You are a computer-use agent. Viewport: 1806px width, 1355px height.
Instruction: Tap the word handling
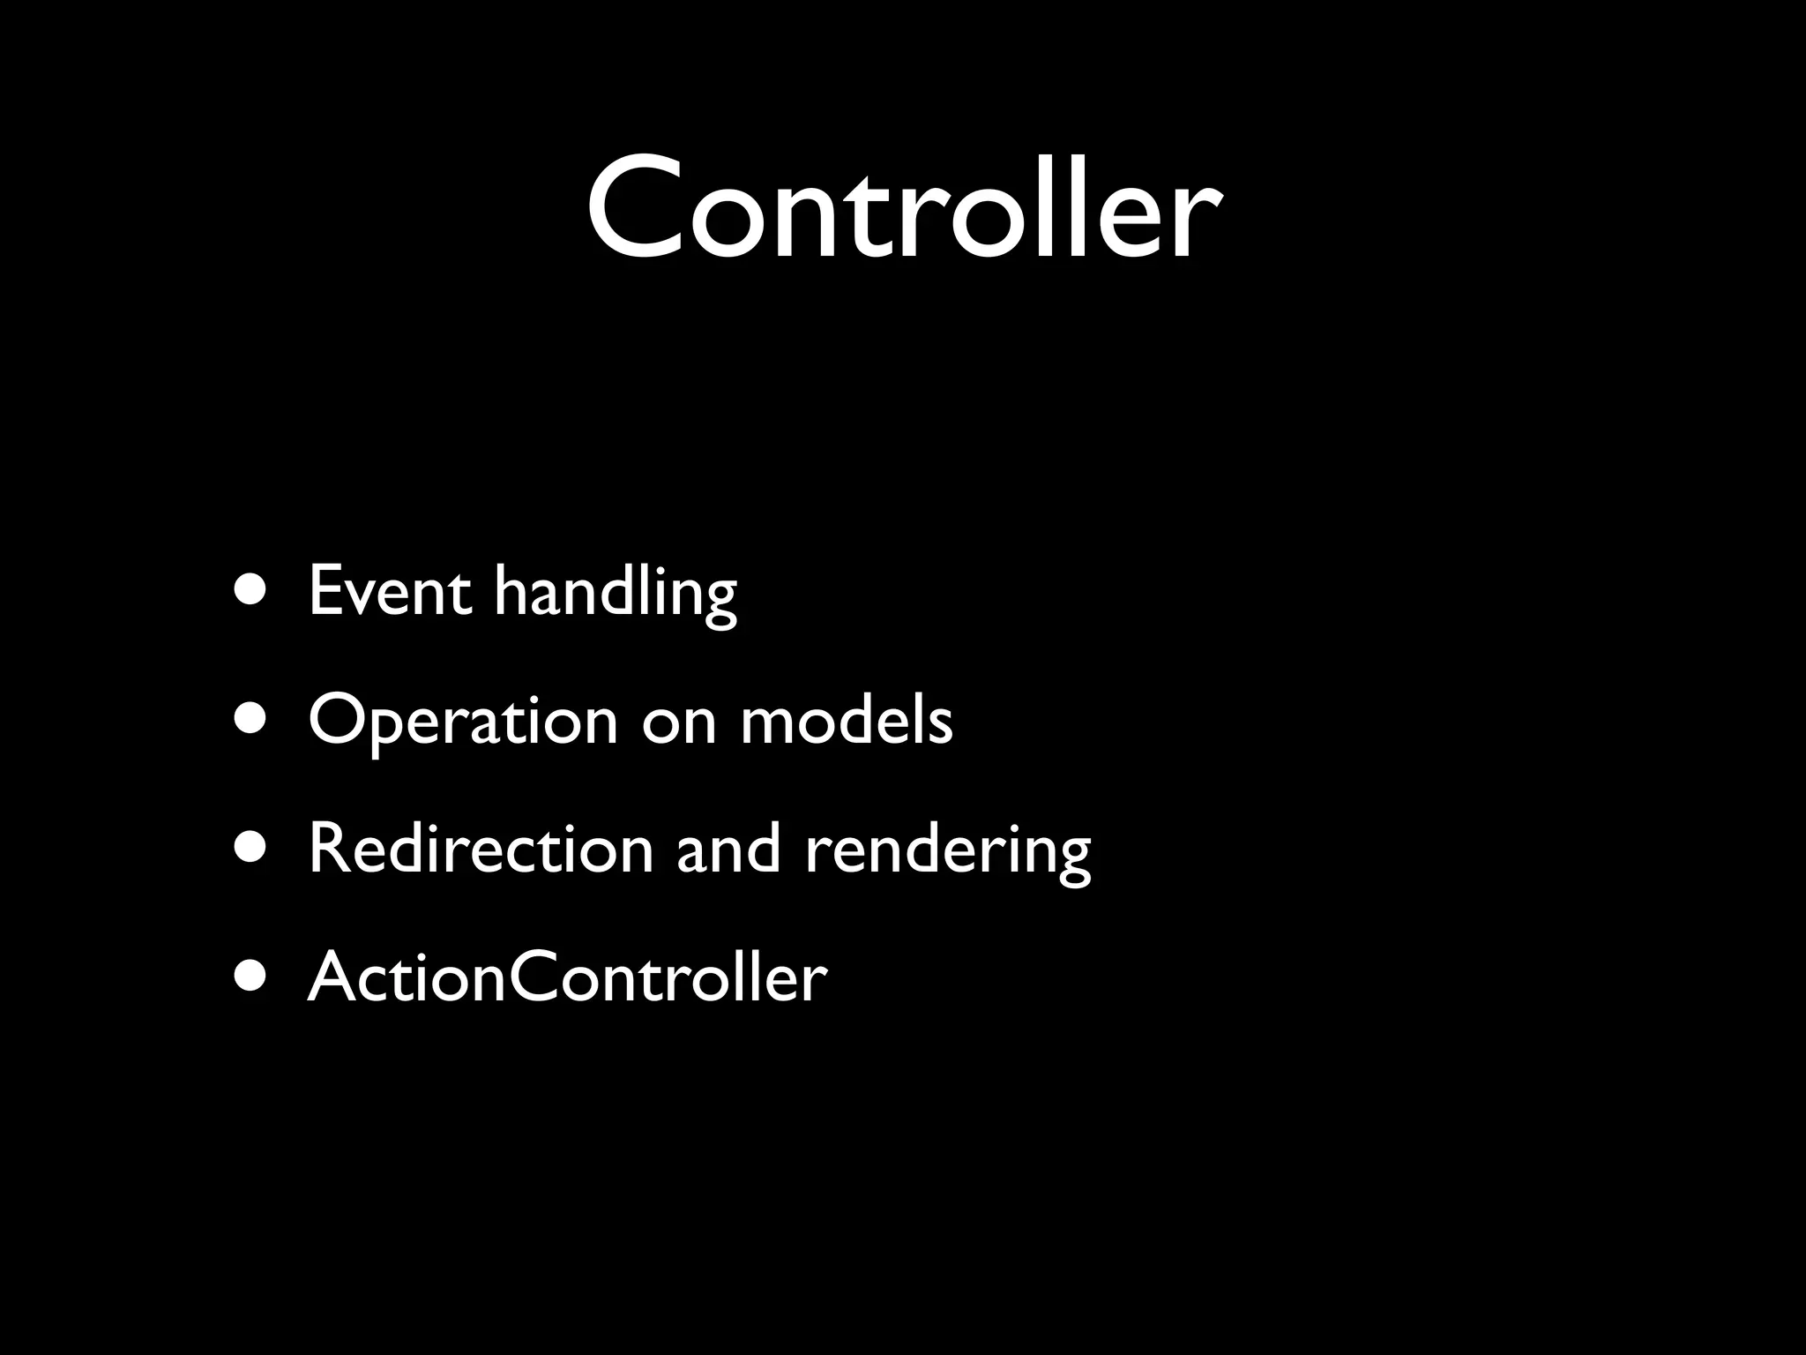[x=615, y=593]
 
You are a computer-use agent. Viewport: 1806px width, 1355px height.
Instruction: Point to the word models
[x=847, y=720]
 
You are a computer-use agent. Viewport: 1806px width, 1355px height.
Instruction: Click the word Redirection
[x=481, y=849]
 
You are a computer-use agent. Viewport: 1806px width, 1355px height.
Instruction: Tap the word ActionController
[x=567, y=977]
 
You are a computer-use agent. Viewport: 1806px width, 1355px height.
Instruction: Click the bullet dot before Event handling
[x=252, y=590]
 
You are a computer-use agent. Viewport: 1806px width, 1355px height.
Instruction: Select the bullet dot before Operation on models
[x=252, y=720]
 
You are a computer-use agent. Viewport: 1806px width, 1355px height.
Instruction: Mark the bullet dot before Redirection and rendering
[x=252, y=849]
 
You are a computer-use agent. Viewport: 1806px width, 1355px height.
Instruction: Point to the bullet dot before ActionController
[x=252, y=977]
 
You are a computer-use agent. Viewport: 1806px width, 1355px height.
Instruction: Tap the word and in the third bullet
[x=728, y=849]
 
